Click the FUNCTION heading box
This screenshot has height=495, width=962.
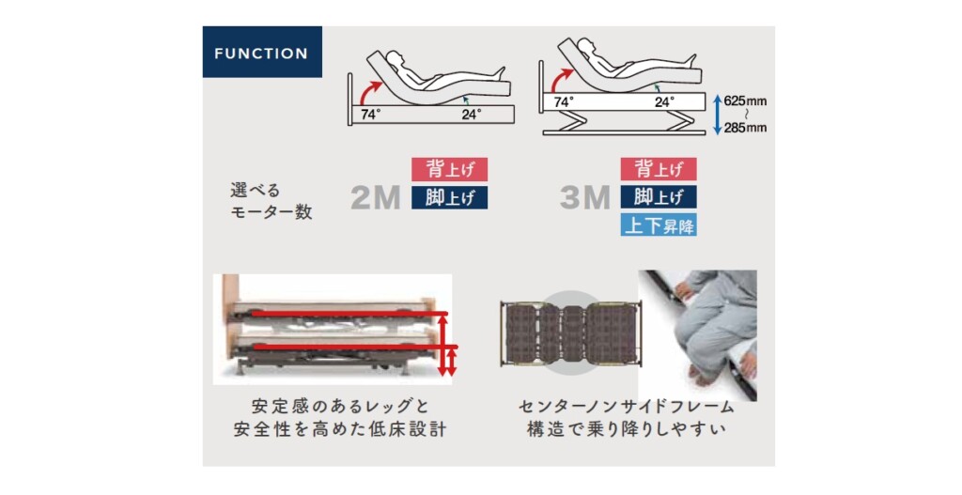coord(262,52)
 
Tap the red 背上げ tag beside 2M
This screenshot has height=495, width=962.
coord(449,169)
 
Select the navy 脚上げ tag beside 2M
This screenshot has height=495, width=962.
coord(449,197)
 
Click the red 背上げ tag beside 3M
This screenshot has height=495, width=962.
coord(659,169)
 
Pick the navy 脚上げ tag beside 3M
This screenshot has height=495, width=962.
coord(659,197)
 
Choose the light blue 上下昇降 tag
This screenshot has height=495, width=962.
coord(659,225)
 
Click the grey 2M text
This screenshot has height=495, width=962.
coord(376,197)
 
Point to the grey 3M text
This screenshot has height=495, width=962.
coord(585,197)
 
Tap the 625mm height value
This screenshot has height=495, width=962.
coord(745,101)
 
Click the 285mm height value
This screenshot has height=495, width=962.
coord(745,128)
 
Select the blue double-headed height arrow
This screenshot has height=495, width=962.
coord(717,114)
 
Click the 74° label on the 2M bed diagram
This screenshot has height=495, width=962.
coord(370,115)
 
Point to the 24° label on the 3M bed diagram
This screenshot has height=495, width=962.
coord(664,101)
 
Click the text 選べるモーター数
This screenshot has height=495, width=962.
coord(272,201)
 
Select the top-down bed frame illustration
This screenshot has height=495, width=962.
coord(570,333)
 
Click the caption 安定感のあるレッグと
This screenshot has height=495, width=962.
coord(340,406)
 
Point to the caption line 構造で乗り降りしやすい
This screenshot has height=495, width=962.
coord(627,428)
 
